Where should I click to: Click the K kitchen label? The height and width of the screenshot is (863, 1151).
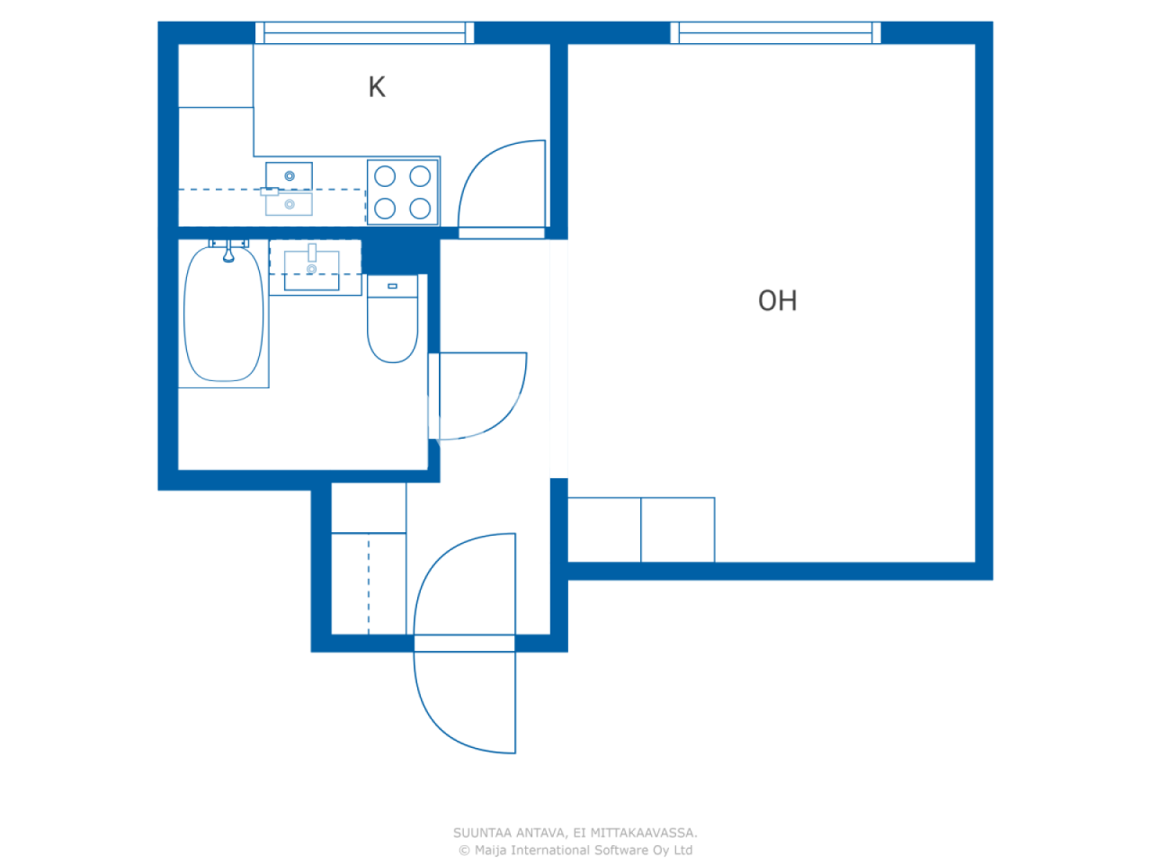377,87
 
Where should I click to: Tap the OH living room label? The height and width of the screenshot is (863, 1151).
777,300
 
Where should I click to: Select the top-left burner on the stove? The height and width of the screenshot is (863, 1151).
385,176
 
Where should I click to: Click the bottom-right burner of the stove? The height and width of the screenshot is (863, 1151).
420,209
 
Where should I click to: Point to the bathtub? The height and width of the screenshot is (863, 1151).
224,315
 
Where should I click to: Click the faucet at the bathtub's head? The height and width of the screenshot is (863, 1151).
228,253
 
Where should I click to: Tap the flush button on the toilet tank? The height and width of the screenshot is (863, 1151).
392,286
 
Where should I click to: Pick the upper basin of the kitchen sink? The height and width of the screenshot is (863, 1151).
289,173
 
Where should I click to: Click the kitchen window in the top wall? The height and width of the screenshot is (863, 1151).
364,33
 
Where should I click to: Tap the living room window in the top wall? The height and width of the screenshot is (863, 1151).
775,33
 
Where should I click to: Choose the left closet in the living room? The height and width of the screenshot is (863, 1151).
604,529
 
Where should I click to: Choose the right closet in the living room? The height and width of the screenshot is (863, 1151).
678,529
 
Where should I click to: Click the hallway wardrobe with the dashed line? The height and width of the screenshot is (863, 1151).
369,583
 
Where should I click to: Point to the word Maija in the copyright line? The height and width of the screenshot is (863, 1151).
494,850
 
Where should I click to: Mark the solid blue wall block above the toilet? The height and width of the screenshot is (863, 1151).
399,255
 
